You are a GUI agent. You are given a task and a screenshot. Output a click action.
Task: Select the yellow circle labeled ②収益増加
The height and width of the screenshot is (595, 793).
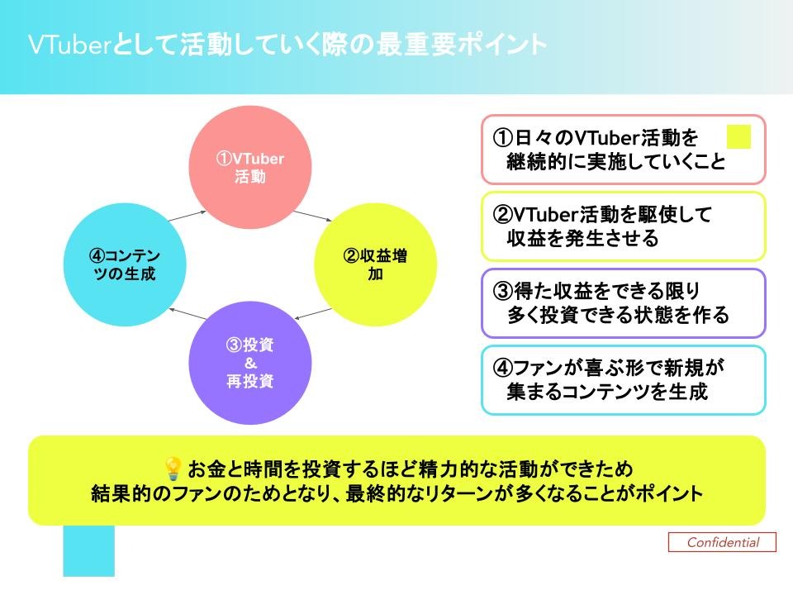click(x=375, y=265)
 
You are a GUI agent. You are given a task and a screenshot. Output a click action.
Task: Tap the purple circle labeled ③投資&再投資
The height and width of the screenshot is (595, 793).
click(x=250, y=364)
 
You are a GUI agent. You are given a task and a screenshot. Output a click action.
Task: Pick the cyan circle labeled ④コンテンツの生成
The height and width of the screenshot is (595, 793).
click(x=124, y=265)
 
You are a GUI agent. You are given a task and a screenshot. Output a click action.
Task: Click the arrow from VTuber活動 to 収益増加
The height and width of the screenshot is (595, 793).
click(x=311, y=217)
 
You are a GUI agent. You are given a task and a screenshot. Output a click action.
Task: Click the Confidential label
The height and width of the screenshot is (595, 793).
click(x=723, y=542)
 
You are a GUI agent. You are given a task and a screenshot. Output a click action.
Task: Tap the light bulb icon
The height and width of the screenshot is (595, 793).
click(x=173, y=469)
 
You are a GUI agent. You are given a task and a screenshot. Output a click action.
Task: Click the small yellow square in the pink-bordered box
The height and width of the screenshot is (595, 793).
click(x=738, y=136)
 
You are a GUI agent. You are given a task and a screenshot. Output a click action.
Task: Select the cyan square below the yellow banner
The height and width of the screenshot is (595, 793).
click(x=89, y=550)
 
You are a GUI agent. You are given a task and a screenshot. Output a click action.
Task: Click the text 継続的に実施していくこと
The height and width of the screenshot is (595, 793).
click(x=615, y=161)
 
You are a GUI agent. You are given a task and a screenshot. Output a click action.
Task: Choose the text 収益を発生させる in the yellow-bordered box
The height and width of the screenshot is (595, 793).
click(x=582, y=239)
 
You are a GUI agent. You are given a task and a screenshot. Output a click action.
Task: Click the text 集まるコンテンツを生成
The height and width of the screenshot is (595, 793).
click(x=607, y=392)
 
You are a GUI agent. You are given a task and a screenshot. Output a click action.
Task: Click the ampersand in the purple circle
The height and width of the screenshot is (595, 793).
click(x=249, y=364)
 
